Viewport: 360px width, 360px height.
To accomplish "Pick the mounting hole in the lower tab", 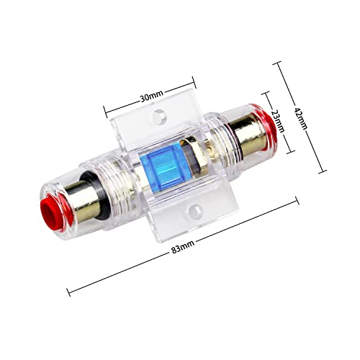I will click(194, 211).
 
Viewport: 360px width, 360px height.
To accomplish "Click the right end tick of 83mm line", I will click(297, 202).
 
